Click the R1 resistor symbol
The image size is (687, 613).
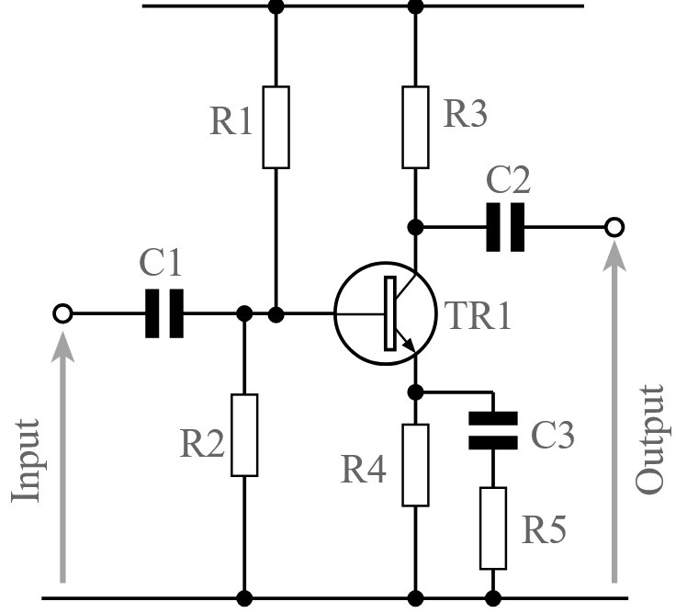276,128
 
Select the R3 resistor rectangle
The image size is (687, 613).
416,128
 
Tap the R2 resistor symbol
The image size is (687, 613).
244,435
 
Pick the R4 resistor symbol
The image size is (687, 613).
416,465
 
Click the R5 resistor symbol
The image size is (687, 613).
492,528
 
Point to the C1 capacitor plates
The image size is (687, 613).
164,313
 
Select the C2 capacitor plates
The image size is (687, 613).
505,226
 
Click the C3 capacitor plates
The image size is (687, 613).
492,429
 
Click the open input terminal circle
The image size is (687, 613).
62,313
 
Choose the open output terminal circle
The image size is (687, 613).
614,226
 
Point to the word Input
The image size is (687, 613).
27,460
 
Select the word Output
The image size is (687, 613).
649,440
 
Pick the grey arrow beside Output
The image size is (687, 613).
614,414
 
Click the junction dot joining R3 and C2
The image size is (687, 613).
416,226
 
